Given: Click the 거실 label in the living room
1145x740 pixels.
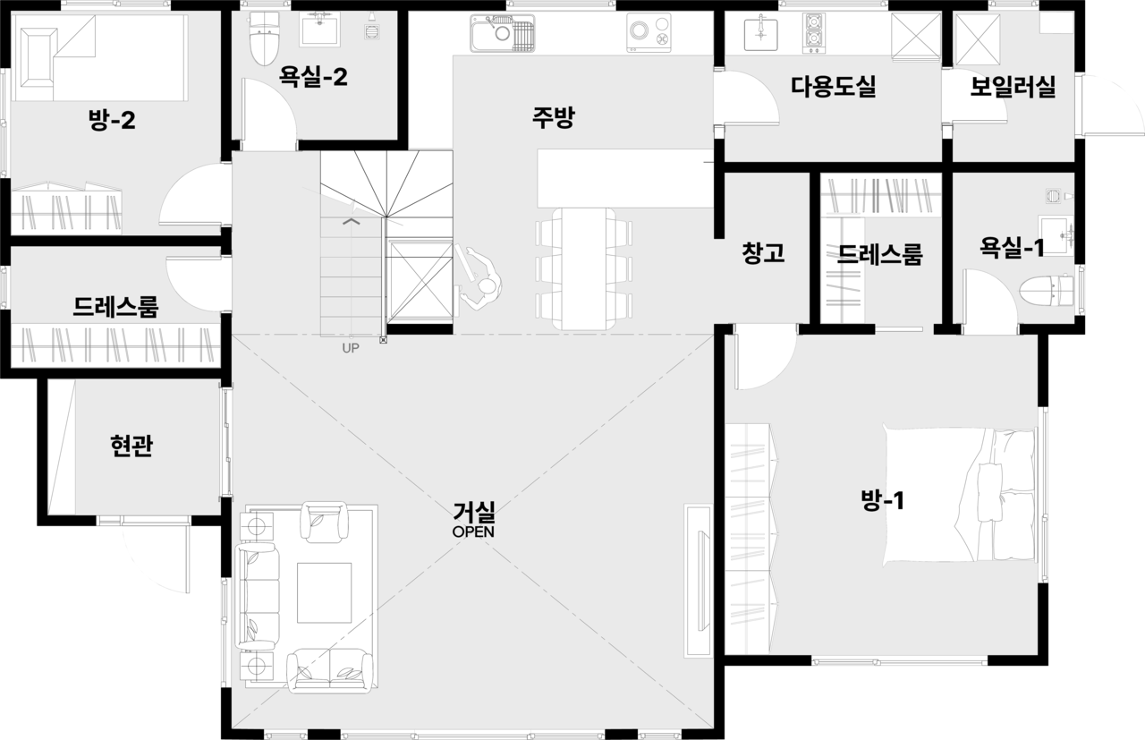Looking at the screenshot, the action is [x=474, y=512].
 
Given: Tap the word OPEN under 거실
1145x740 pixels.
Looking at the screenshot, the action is [x=473, y=532].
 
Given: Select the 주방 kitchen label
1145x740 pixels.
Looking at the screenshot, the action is [x=553, y=117].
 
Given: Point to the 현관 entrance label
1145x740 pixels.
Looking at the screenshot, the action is [x=131, y=446].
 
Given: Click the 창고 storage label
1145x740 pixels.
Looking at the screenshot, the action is [x=763, y=253].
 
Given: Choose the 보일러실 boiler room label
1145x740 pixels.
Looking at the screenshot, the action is [x=1014, y=87].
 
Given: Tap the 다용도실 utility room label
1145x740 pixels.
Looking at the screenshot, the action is [x=834, y=86].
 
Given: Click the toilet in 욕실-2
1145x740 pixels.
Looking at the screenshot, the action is [x=264, y=38].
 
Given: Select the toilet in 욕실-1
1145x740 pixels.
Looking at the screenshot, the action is [x=1046, y=292].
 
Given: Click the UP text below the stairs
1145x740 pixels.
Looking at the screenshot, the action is [x=351, y=348].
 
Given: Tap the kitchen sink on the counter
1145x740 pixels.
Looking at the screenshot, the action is [x=503, y=33].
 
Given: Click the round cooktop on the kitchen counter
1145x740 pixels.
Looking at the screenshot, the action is [x=649, y=32].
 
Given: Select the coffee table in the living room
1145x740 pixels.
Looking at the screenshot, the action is [x=324, y=592].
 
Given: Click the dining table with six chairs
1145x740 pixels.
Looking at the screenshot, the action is [x=584, y=268].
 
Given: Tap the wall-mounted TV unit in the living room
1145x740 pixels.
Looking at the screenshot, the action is [x=698, y=582].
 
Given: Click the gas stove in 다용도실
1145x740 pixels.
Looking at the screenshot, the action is [x=814, y=33].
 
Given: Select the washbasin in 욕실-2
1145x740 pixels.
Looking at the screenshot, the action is [x=320, y=30].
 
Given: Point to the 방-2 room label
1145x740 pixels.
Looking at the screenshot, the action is [x=112, y=120].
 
